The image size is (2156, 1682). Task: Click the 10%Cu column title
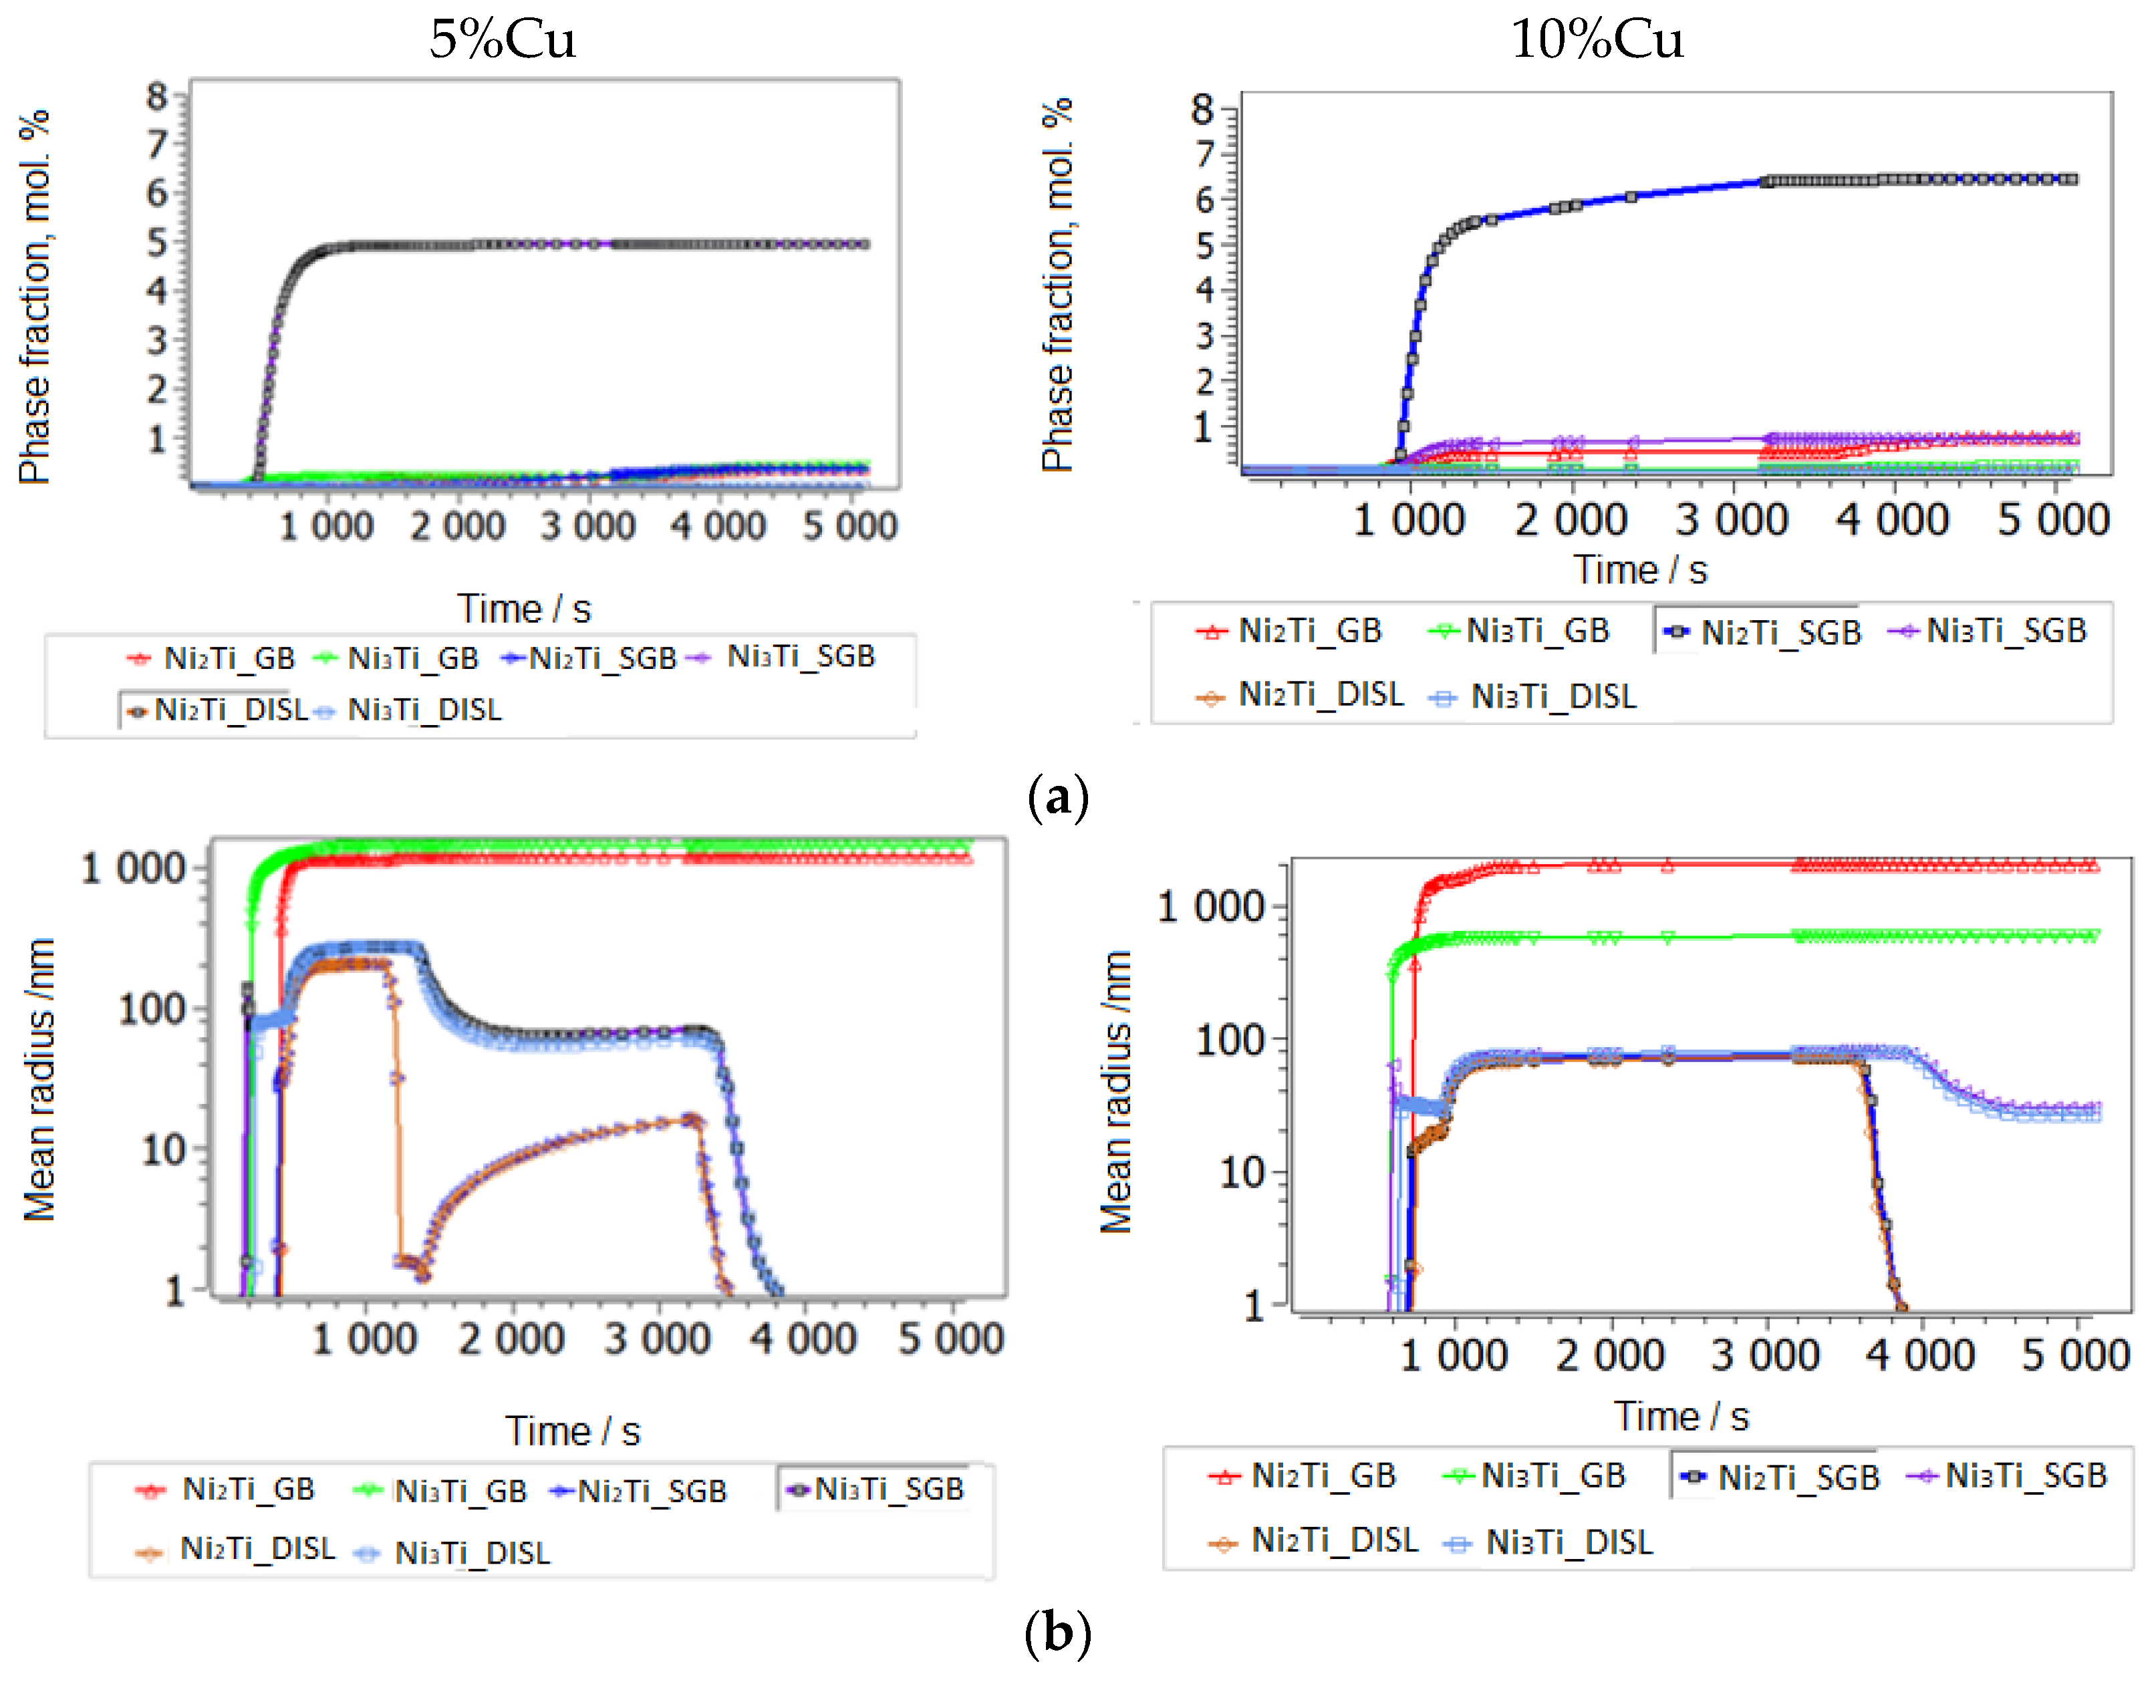[x=1596, y=39]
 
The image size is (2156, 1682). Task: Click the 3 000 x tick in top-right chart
[x=1730, y=519]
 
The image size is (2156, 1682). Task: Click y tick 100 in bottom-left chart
[x=152, y=1010]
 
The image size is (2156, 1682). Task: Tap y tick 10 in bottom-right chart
[x=1242, y=1173]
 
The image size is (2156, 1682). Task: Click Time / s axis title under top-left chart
[x=523, y=608]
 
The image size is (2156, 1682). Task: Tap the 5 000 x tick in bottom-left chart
[x=950, y=1339]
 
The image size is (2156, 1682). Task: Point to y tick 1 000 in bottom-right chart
[x=1210, y=906]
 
